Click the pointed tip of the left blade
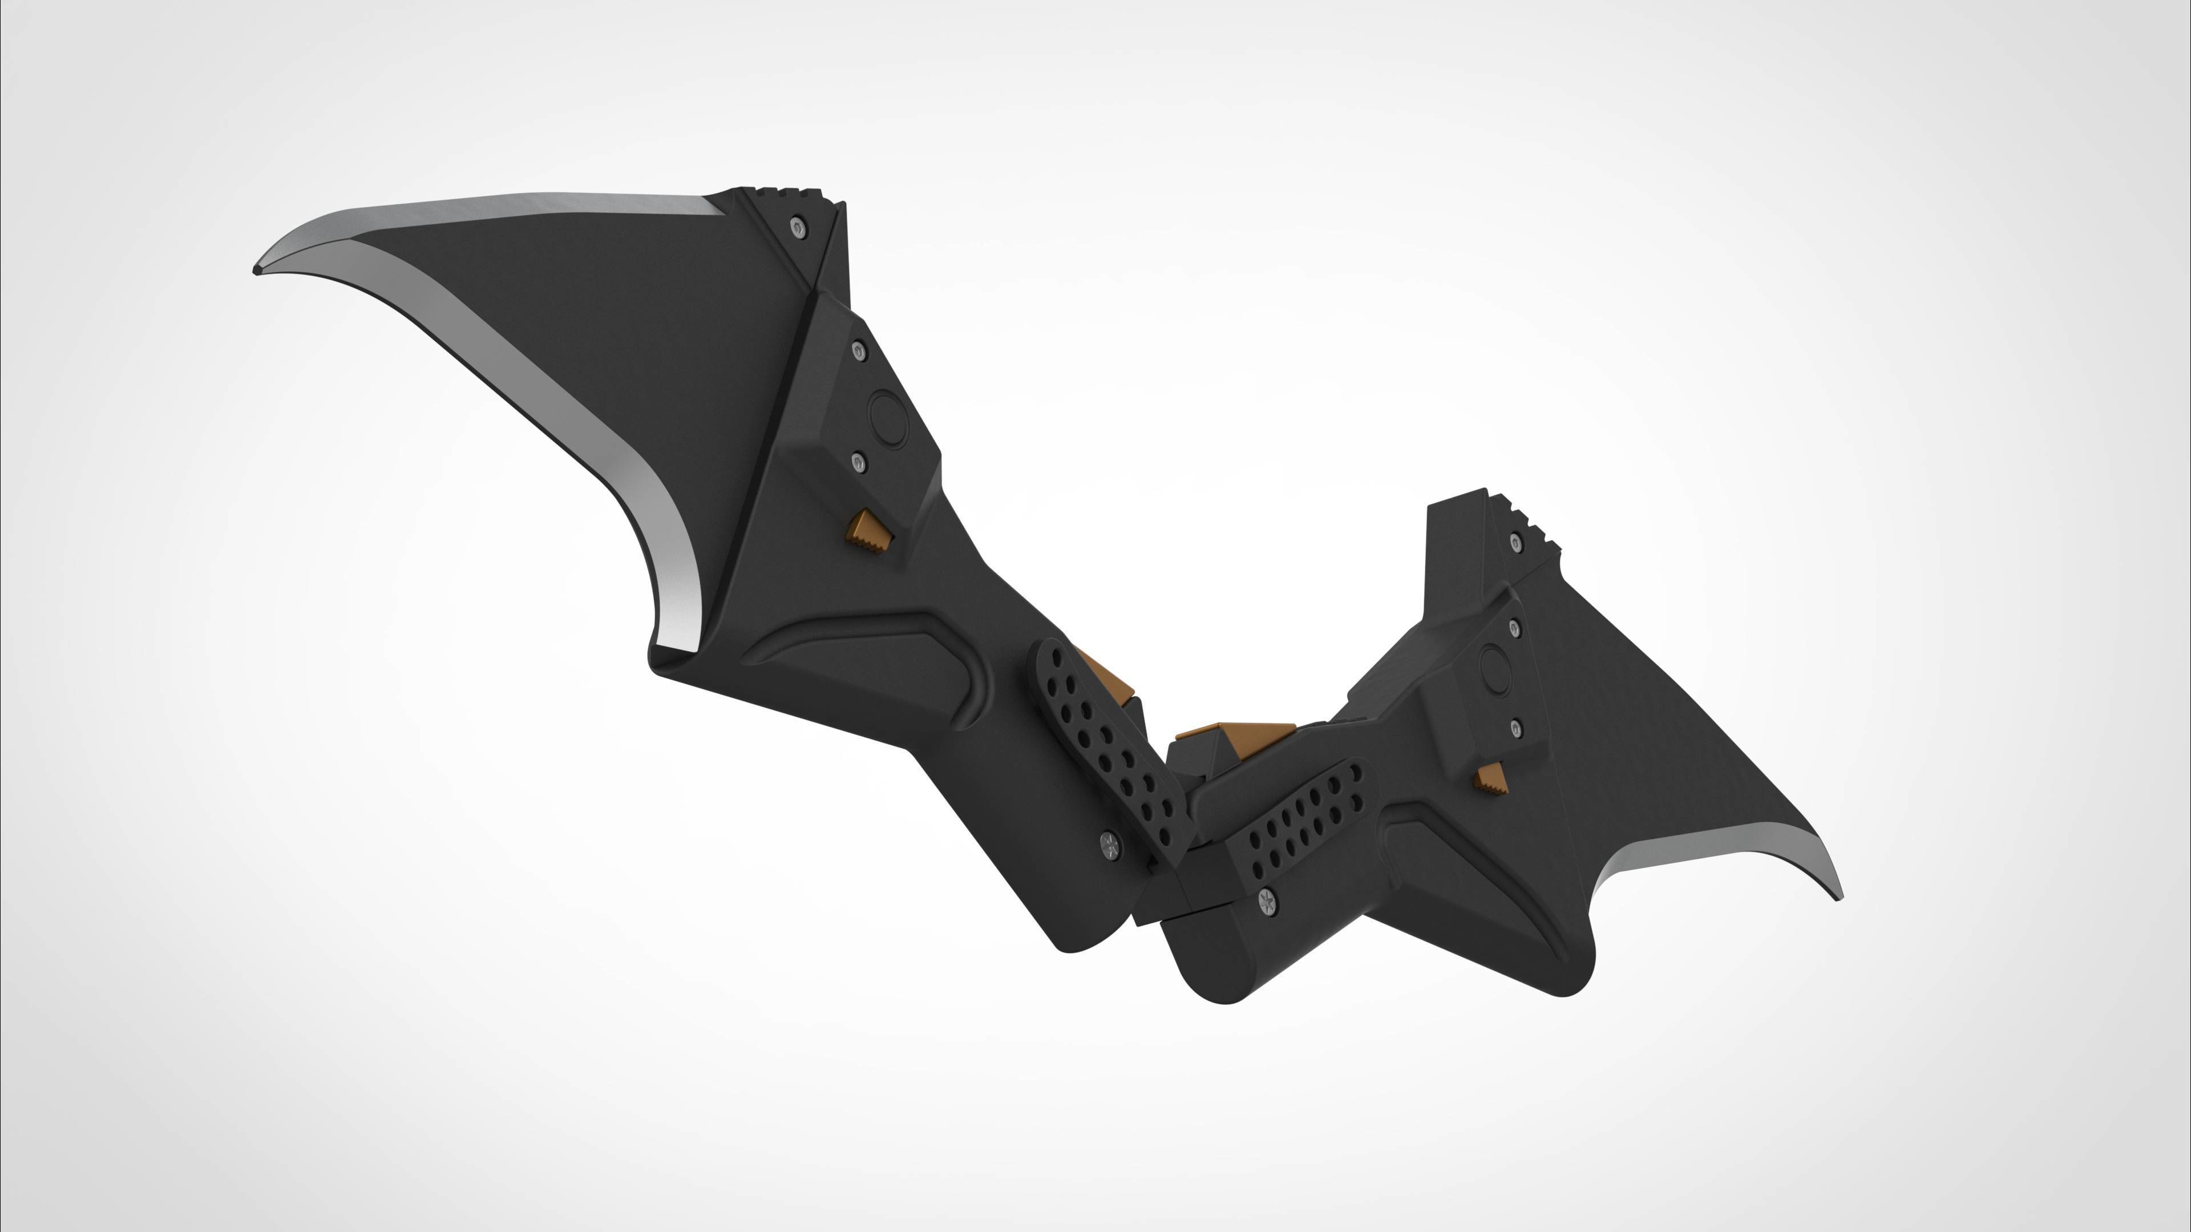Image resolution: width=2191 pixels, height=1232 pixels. point(257,270)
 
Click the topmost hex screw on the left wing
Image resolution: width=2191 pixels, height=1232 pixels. point(796,227)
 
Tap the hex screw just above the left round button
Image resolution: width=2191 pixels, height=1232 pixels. point(858,350)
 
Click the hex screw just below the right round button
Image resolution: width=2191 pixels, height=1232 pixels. point(1515,728)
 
